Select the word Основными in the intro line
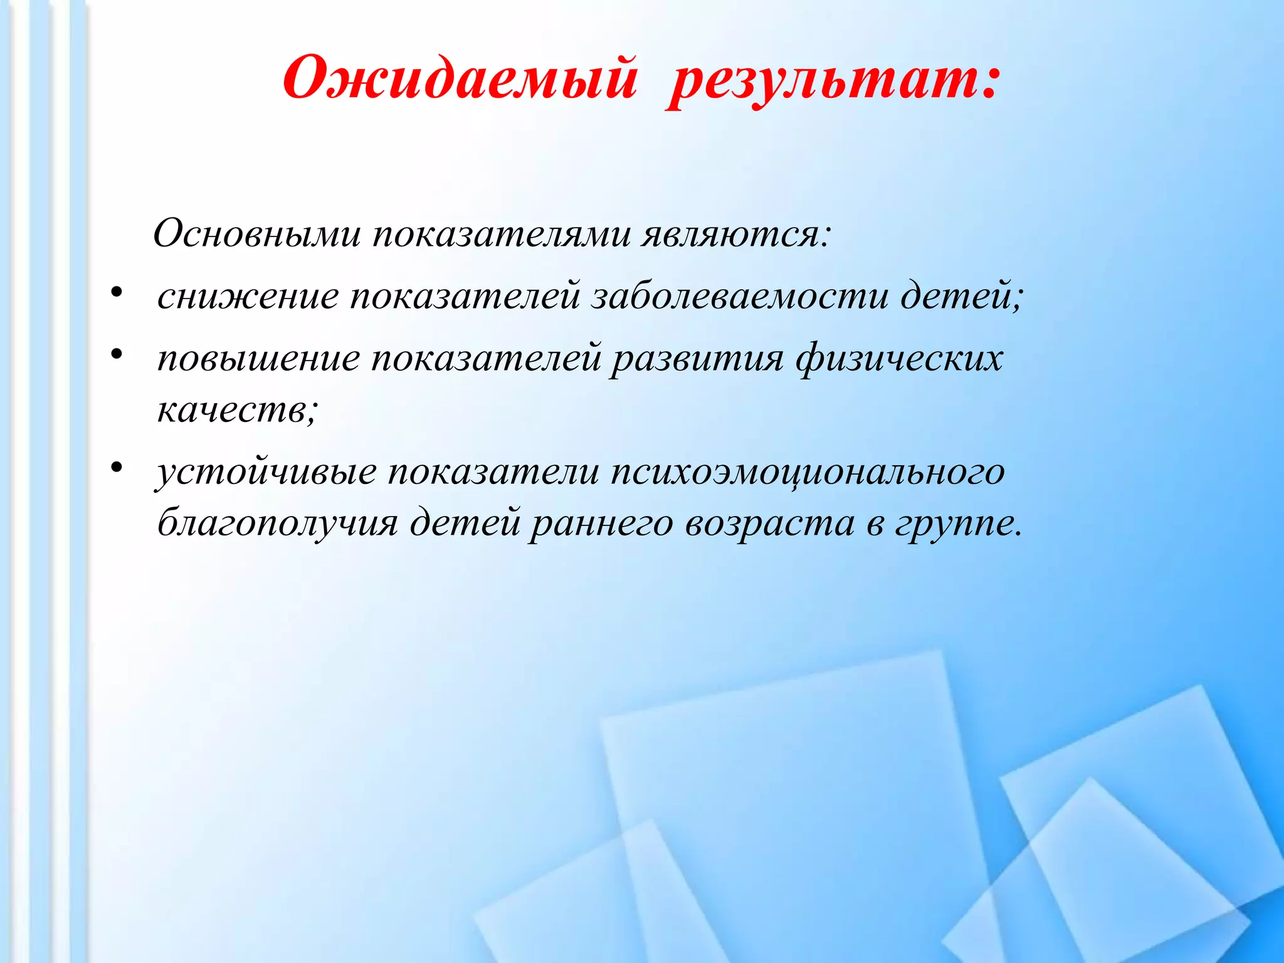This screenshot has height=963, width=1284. point(257,234)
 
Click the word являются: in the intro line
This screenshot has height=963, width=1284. point(736,234)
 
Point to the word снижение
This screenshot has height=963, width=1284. point(248,297)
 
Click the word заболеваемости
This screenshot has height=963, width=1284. point(740,296)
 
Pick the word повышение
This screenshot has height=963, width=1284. point(258,359)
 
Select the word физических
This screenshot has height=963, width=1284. point(900,359)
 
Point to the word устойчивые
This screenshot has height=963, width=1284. point(266,471)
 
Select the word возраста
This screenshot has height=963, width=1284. point(769,524)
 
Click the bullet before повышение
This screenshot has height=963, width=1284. point(116,355)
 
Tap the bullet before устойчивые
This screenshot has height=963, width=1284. point(116,467)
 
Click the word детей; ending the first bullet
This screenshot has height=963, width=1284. point(962,296)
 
